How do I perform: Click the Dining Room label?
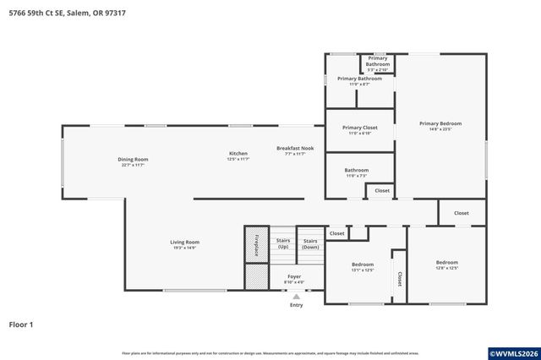134,159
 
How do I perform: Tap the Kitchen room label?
238,153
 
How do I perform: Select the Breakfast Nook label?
295,148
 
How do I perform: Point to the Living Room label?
184,242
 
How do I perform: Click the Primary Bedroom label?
440,123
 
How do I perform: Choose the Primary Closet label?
359,128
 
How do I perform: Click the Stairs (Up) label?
283,243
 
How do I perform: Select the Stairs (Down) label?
310,243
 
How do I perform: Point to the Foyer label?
294,276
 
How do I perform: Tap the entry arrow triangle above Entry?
296,297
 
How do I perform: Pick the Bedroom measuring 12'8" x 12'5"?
446,262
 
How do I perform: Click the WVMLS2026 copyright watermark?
513,352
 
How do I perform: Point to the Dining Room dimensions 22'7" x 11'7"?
134,165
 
